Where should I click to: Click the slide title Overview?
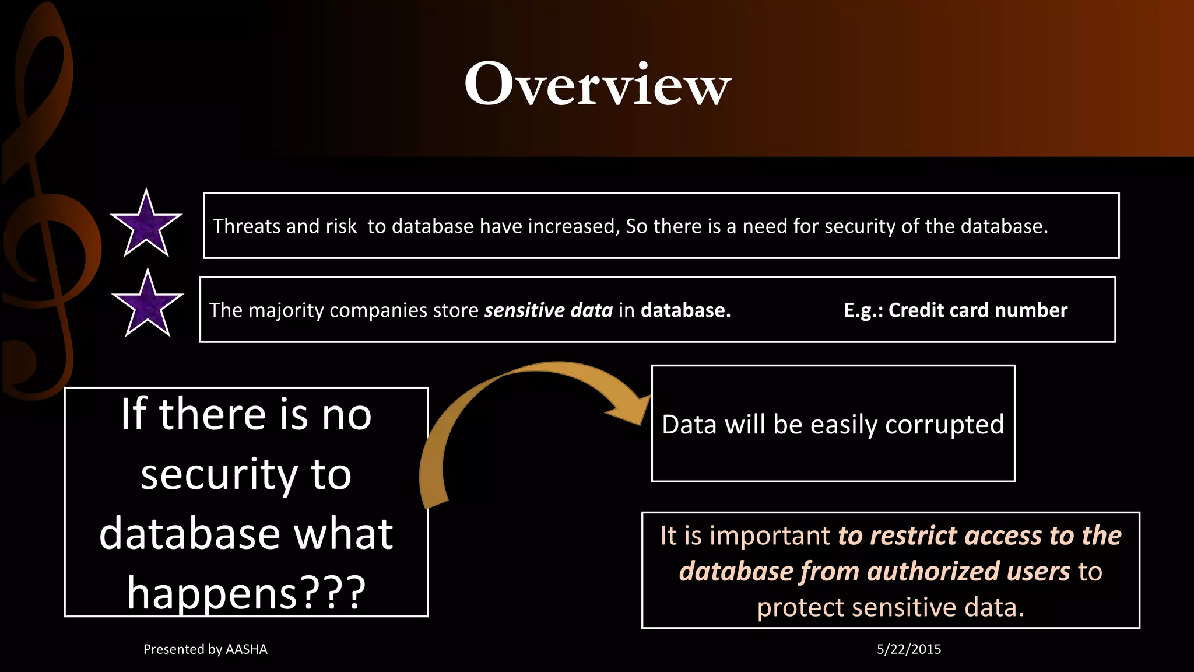(x=597, y=85)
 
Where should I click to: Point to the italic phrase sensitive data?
(x=548, y=310)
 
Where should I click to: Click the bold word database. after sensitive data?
(x=686, y=310)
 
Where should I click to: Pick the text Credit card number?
(x=978, y=310)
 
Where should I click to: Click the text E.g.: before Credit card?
(x=863, y=310)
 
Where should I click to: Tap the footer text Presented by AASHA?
(x=205, y=649)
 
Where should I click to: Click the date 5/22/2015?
(x=908, y=649)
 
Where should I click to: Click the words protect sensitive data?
(x=890, y=608)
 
